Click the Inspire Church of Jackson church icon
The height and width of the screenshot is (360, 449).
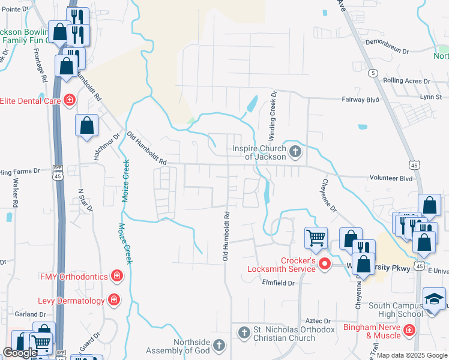(x=295, y=151)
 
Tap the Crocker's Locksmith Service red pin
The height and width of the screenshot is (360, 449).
(x=325, y=263)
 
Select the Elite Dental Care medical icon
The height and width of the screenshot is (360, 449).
(x=70, y=100)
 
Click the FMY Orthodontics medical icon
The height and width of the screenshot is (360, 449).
(x=117, y=276)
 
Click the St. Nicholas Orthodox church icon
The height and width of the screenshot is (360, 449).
(x=244, y=332)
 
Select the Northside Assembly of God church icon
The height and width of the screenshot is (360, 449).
(x=219, y=345)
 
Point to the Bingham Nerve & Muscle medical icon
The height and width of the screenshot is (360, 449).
(x=409, y=330)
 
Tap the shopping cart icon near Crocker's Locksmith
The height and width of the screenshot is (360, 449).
(x=316, y=238)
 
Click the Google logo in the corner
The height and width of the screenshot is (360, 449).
(x=20, y=353)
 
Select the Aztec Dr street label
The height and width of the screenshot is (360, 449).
(x=318, y=322)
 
